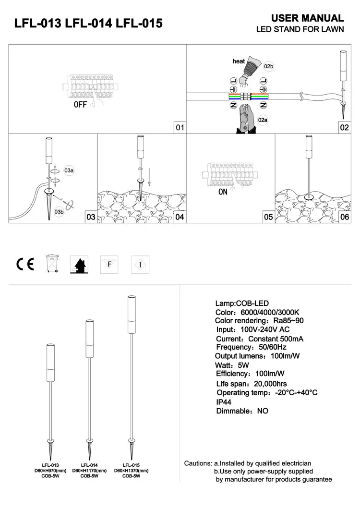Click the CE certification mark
point(25,264)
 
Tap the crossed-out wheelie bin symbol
point(51,264)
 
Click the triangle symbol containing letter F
point(109,264)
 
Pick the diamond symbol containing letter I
point(140,264)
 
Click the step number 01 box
point(180,128)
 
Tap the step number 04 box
point(180,217)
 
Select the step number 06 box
point(345,217)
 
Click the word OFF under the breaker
point(81,105)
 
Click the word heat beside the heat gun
point(239,61)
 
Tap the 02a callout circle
point(262,120)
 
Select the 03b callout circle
point(59,211)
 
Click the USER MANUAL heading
point(307,18)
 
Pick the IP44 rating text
point(225,401)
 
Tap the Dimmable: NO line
point(242,411)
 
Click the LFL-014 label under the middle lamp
point(89,465)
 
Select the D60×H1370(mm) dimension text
point(131,471)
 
